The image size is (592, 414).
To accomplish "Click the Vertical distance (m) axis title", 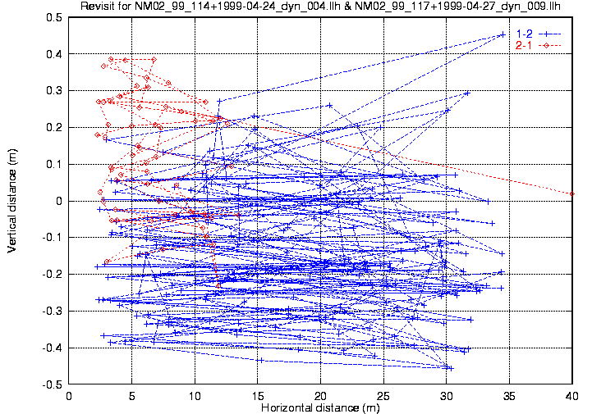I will (x=12, y=201).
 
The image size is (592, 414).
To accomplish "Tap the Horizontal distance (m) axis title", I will (x=320, y=407).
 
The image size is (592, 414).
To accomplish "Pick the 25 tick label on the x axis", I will (x=383, y=395).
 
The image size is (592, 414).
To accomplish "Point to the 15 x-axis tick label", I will (x=258, y=395).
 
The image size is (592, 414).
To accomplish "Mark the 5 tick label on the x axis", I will (x=132, y=395).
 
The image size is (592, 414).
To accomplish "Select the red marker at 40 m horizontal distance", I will (x=572, y=193).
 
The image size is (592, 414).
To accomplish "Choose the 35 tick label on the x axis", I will (x=509, y=395).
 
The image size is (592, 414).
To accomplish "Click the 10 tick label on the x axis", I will (x=195, y=395).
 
